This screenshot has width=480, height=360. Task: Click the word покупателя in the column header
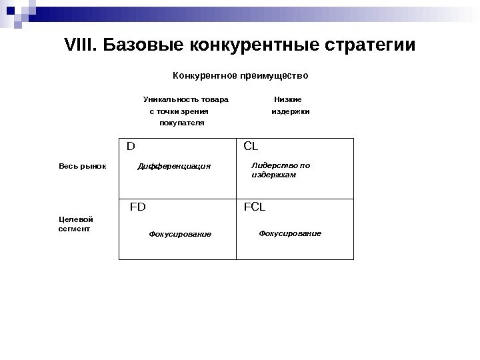point(182,123)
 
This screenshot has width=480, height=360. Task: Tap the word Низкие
point(288,99)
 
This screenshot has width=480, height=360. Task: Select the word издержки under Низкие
point(290,111)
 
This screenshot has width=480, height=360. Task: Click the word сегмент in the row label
point(75,228)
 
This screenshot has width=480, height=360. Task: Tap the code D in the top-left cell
point(131,145)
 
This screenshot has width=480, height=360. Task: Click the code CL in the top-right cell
point(251,145)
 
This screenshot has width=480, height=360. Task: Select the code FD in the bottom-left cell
point(137,207)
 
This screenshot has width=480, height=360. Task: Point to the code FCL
point(255,207)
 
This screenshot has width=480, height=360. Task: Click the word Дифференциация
point(173,166)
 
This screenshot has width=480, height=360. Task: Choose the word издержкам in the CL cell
point(273,175)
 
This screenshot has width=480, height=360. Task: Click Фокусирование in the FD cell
point(180,235)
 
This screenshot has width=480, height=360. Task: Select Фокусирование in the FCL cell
point(290,233)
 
